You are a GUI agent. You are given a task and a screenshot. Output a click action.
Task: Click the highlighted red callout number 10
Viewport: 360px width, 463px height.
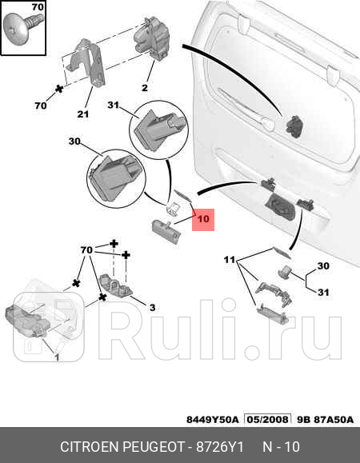click(203, 219)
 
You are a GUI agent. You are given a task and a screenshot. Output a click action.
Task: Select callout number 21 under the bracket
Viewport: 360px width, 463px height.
click(83, 114)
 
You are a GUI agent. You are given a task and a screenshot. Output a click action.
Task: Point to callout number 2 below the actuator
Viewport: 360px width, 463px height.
click(145, 88)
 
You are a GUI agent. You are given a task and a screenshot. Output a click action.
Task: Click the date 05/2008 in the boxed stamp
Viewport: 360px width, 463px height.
click(267, 419)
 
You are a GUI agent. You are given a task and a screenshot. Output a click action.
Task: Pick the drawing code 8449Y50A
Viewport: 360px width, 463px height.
click(212, 420)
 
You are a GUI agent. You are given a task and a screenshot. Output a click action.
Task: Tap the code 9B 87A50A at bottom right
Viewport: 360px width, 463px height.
click(325, 420)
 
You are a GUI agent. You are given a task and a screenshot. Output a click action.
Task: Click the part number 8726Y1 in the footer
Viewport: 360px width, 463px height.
click(220, 447)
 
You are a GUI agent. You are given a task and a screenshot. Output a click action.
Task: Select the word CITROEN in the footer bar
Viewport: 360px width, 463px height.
click(89, 447)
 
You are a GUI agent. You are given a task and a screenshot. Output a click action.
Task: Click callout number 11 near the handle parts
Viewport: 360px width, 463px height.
click(230, 260)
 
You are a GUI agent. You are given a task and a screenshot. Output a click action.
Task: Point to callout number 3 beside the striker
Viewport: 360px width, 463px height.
click(152, 307)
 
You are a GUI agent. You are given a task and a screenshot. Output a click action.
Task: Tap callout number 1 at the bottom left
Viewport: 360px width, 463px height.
click(57, 357)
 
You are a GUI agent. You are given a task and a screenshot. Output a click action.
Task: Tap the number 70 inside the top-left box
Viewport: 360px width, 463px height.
click(38, 6)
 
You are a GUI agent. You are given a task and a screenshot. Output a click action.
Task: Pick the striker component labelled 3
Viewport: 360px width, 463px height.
click(116, 286)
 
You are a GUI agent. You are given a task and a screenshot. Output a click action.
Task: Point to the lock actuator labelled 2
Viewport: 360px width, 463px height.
click(152, 38)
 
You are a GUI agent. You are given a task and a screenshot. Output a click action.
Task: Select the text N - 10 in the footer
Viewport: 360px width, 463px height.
click(281, 447)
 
